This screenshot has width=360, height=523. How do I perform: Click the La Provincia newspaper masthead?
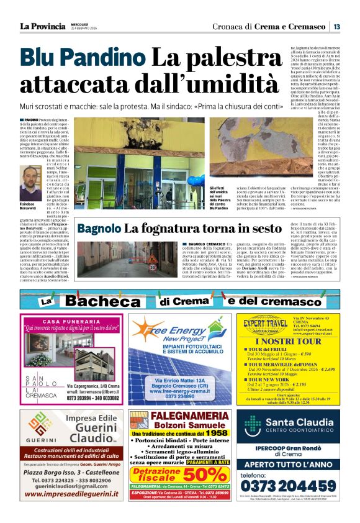click(x=42, y=26)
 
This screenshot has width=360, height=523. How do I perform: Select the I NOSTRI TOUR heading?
click(x=289, y=341)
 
